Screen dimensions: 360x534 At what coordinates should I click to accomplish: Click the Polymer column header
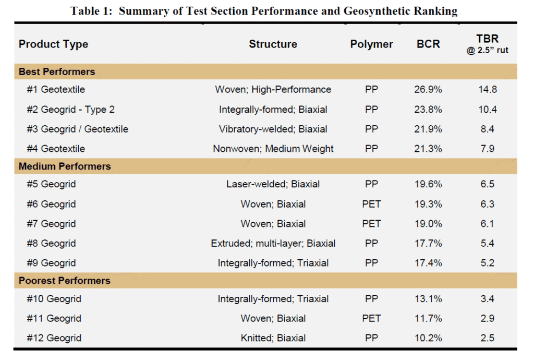coord(371,44)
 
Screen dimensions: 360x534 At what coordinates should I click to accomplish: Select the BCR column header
coord(428,44)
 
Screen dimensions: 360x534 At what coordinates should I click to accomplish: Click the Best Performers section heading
coord(57,71)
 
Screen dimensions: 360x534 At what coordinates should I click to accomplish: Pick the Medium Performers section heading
coord(65,166)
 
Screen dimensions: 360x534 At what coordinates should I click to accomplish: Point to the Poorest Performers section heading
coord(65,281)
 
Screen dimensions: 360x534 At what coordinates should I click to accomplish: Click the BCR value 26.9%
coord(428,90)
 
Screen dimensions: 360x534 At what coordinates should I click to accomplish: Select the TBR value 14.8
coord(487,90)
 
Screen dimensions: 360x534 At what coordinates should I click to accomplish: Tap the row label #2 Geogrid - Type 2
coord(70,110)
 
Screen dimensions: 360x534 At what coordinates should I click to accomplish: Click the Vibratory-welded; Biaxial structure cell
coord(273,129)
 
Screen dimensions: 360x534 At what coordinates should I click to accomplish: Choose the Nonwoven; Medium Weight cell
coord(273,149)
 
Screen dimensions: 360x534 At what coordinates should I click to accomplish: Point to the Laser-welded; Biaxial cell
coord(273,184)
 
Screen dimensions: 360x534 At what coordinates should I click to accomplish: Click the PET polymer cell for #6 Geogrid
coord(371,204)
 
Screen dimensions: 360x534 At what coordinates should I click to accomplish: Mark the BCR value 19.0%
coord(428,224)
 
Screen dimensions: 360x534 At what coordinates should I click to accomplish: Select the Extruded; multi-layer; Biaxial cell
coord(273,243)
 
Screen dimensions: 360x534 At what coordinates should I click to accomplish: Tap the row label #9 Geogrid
coord(51,263)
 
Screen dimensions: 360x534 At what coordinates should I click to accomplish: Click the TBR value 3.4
coord(487,299)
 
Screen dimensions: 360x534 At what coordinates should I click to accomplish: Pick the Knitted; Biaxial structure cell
coord(273,338)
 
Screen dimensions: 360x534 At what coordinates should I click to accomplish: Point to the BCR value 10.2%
coord(428,338)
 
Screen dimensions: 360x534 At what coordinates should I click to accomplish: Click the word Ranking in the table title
coord(437,11)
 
